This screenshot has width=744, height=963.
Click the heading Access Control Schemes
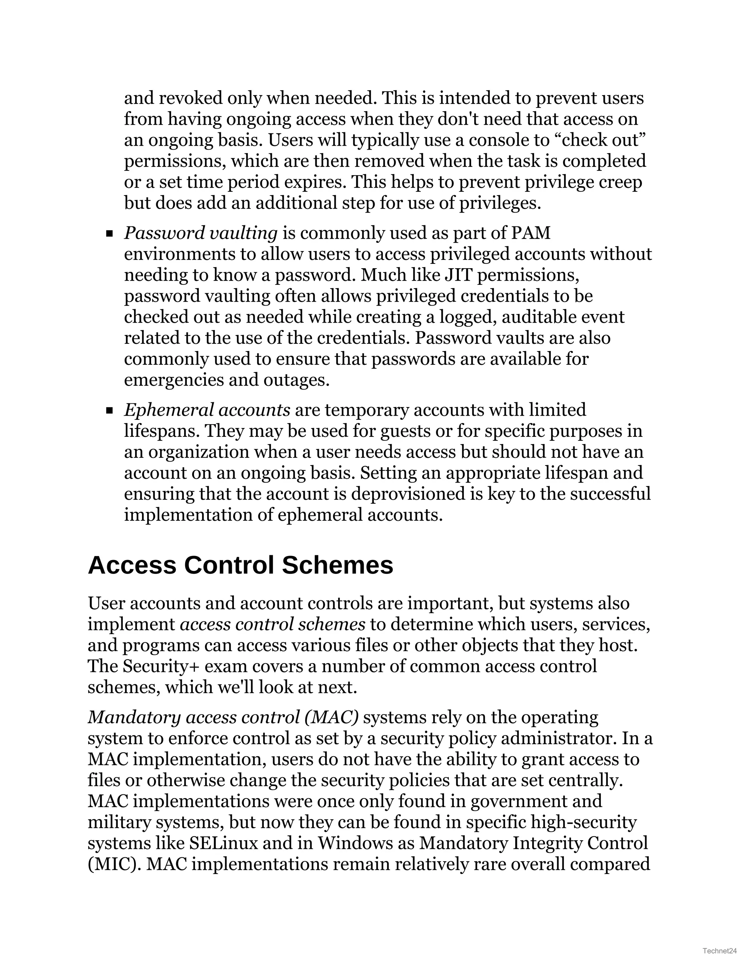(240, 566)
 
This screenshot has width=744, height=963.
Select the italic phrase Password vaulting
(201, 233)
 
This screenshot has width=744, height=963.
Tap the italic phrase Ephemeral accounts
(207, 410)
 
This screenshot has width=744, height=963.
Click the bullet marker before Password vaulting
(109, 234)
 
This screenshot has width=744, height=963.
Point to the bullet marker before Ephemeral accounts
(109, 411)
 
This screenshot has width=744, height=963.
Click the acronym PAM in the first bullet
(531, 233)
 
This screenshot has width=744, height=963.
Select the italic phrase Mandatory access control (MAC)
(223, 717)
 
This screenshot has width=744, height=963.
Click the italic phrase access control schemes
(272, 624)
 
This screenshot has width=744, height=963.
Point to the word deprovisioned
(408, 494)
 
